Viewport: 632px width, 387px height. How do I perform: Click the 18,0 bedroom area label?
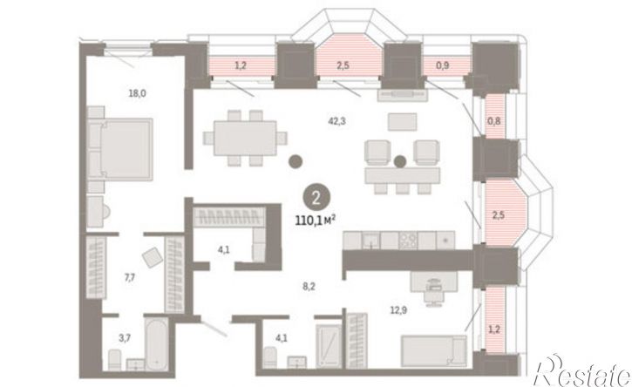tap(137, 93)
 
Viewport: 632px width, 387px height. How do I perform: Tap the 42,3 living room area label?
tap(336, 120)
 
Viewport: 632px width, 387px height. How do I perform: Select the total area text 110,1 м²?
tap(316, 221)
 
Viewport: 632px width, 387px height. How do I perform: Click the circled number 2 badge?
tap(316, 198)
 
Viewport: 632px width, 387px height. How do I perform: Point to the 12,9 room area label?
tap(398, 310)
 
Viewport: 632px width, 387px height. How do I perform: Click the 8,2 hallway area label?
tap(309, 287)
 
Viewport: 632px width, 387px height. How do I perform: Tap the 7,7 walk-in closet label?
tap(129, 277)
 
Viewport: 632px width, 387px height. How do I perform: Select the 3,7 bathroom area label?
tap(124, 338)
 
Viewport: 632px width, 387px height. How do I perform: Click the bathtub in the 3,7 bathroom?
tap(156, 343)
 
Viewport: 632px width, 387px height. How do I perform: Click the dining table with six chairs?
tap(245, 139)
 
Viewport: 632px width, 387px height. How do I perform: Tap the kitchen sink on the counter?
tap(370, 241)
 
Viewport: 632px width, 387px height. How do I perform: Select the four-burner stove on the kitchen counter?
tap(408, 241)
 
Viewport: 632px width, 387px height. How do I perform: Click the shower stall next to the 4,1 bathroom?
tap(329, 346)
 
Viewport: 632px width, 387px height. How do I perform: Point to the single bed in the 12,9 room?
tap(434, 351)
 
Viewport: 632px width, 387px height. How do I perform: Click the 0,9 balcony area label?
tap(442, 65)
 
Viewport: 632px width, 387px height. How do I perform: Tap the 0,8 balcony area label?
tap(494, 120)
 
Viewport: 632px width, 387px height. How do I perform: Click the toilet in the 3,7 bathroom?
tap(114, 359)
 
